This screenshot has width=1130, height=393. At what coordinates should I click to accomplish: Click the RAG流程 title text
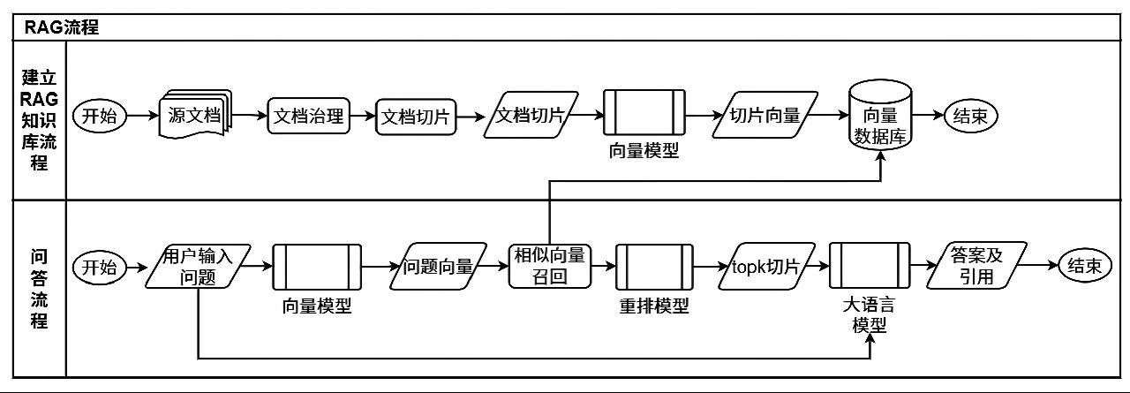[63, 27]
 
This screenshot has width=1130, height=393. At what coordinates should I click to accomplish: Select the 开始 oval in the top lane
[100, 116]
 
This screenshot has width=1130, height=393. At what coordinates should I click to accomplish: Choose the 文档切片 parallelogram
[531, 116]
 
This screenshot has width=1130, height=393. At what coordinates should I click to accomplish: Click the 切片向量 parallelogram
[765, 116]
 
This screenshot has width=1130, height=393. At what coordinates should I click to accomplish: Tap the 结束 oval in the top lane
[971, 116]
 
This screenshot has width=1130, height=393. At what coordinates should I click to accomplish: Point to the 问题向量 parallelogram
[439, 266]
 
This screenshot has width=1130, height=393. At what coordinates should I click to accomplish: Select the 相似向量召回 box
[550, 266]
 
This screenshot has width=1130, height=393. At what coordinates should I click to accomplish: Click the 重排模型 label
[654, 306]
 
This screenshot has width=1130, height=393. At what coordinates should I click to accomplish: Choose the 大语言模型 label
[869, 315]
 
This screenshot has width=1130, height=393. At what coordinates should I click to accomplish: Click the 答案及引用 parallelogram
[977, 266]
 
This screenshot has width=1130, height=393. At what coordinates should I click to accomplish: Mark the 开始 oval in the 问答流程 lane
[100, 266]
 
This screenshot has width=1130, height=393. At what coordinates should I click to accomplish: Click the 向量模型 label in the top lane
[644, 150]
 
